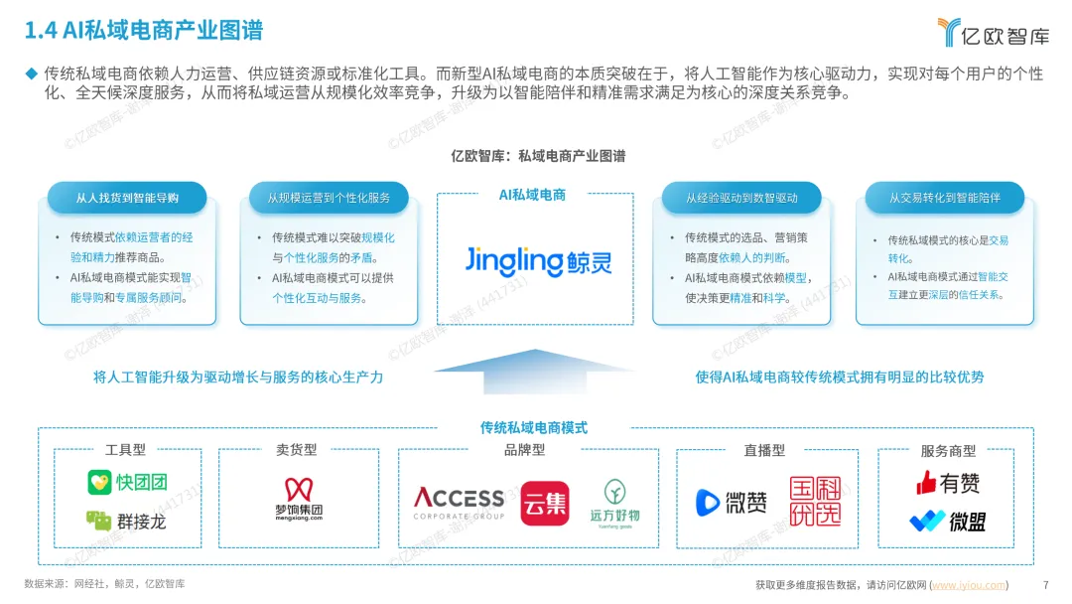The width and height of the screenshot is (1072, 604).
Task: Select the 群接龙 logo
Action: (126, 520)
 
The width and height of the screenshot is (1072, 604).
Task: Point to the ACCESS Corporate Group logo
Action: (459, 502)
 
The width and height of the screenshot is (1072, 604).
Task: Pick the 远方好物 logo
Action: (614, 502)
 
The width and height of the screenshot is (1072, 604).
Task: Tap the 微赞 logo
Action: (732, 503)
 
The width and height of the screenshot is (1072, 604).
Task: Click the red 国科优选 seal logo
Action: (815, 501)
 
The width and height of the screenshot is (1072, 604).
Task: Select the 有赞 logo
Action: (948, 483)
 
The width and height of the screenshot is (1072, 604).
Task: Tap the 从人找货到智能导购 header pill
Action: (127, 198)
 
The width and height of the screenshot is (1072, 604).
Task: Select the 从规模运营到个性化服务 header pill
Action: (329, 198)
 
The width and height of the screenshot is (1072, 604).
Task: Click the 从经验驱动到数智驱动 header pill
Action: (741, 198)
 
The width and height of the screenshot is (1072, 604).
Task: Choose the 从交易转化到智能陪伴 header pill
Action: (944, 198)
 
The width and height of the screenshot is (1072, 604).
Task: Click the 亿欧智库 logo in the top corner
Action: (993, 33)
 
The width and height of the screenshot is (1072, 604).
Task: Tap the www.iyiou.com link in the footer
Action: (970, 585)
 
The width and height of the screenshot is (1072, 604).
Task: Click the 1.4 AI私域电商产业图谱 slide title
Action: (144, 31)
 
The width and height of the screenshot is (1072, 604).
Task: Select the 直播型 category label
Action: (764, 450)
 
